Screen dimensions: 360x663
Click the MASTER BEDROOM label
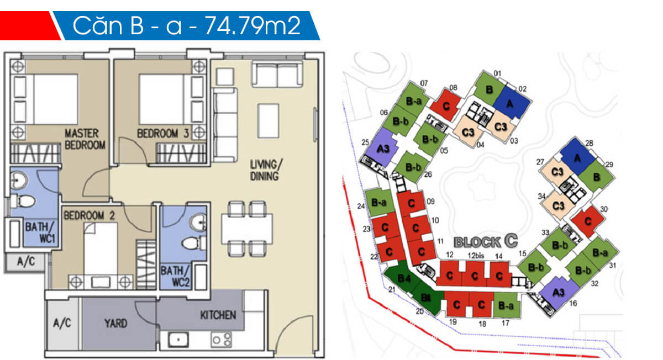tap(85, 139)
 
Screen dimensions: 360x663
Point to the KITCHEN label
tap(218, 315)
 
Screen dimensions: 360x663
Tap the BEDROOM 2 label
tap(88, 215)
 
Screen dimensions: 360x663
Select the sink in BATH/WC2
tap(197, 223)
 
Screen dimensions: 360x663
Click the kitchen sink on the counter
tap(178, 339)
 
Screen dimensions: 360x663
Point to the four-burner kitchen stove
tap(221, 339)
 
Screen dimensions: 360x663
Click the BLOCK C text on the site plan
tap(486, 241)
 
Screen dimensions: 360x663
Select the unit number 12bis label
tap(475, 255)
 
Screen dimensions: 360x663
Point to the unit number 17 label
tap(505, 323)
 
